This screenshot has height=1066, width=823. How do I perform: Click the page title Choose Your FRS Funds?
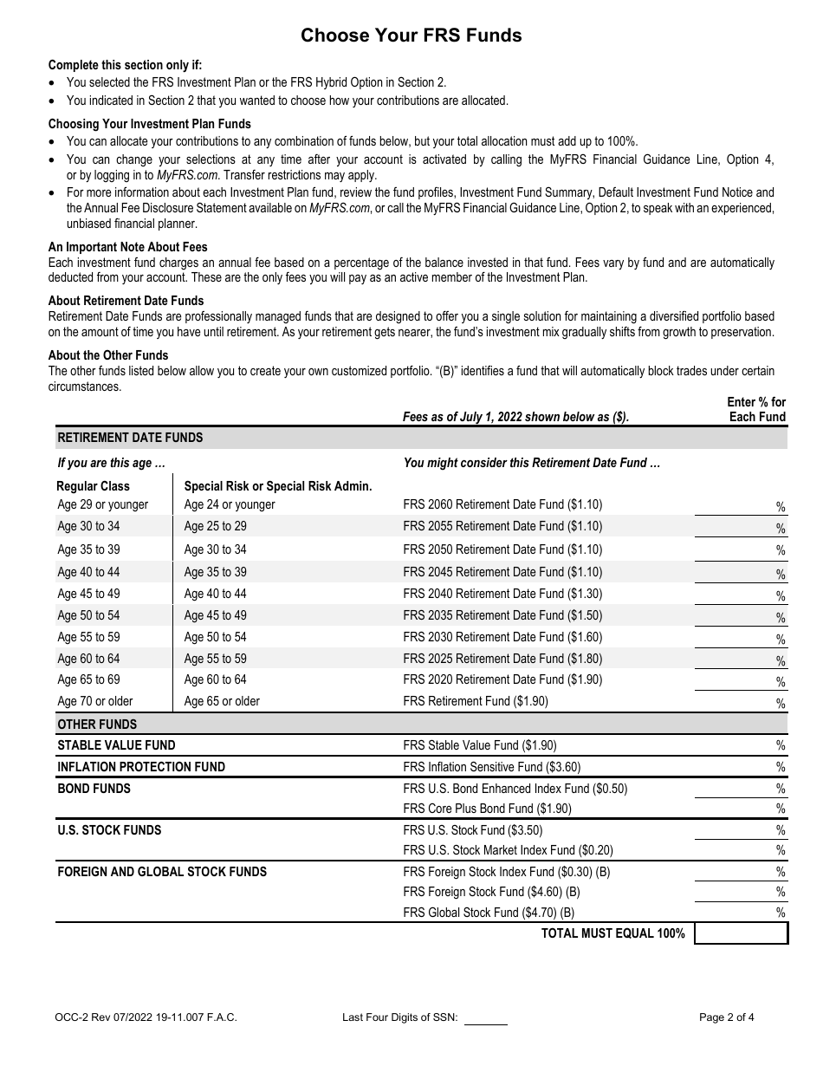tap(411, 36)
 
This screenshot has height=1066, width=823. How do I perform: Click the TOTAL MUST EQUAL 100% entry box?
tap(741, 933)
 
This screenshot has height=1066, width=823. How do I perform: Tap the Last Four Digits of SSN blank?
tap(486, 1018)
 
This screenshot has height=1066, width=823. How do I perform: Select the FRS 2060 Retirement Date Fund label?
tap(502, 504)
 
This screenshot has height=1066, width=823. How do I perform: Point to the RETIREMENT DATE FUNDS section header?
tap(130, 438)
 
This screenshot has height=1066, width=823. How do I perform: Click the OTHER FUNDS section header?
tap(97, 725)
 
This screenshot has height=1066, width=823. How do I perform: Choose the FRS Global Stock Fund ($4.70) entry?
tap(489, 913)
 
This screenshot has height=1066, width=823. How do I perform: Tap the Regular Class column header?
tap(93, 486)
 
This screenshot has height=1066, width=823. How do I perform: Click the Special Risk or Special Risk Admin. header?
tap(278, 486)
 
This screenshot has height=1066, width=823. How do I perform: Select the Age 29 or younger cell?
tap(102, 504)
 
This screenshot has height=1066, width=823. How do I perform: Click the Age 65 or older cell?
tap(222, 701)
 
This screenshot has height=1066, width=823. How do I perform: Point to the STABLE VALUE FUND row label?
tap(116, 745)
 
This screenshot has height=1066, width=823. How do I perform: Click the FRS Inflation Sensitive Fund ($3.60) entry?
tap(492, 767)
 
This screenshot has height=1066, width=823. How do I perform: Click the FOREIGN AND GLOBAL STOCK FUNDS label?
tap(162, 872)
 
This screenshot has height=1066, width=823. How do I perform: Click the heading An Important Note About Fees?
tap(127, 247)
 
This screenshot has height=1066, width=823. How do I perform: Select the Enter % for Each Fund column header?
tap(755, 409)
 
